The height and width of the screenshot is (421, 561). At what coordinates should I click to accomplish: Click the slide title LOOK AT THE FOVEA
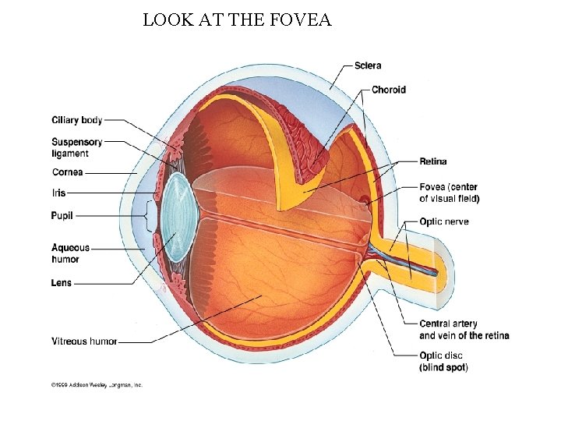click(237, 20)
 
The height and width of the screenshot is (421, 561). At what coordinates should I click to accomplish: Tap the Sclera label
click(368, 65)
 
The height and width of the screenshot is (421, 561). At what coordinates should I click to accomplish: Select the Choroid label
click(388, 90)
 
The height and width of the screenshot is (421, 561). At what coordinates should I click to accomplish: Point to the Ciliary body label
click(76, 120)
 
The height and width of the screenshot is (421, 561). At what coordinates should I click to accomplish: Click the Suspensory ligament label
click(76, 147)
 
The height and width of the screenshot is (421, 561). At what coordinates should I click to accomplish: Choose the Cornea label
click(68, 172)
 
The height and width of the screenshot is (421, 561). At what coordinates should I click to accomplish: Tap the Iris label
click(59, 193)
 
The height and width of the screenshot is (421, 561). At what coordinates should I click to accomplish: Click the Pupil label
click(62, 215)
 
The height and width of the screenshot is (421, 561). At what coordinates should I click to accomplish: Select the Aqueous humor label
click(70, 253)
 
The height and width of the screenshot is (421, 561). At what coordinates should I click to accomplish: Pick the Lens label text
click(62, 283)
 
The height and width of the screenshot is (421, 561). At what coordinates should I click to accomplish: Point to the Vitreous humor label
click(84, 341)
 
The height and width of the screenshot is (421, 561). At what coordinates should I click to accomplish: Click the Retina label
click(433, 161)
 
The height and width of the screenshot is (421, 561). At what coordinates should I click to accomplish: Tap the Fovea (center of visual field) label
click(450, 193)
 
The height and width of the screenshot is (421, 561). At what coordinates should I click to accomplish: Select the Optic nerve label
click(444, 221)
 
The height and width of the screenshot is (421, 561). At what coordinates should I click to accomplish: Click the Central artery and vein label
click(464, 329)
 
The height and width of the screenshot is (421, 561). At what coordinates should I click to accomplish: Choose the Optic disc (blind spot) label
click(444, 361)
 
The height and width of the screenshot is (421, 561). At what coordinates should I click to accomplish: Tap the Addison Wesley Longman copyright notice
click(97, 384)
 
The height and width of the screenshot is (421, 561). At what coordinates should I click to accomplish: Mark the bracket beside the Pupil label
click(147, 215)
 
